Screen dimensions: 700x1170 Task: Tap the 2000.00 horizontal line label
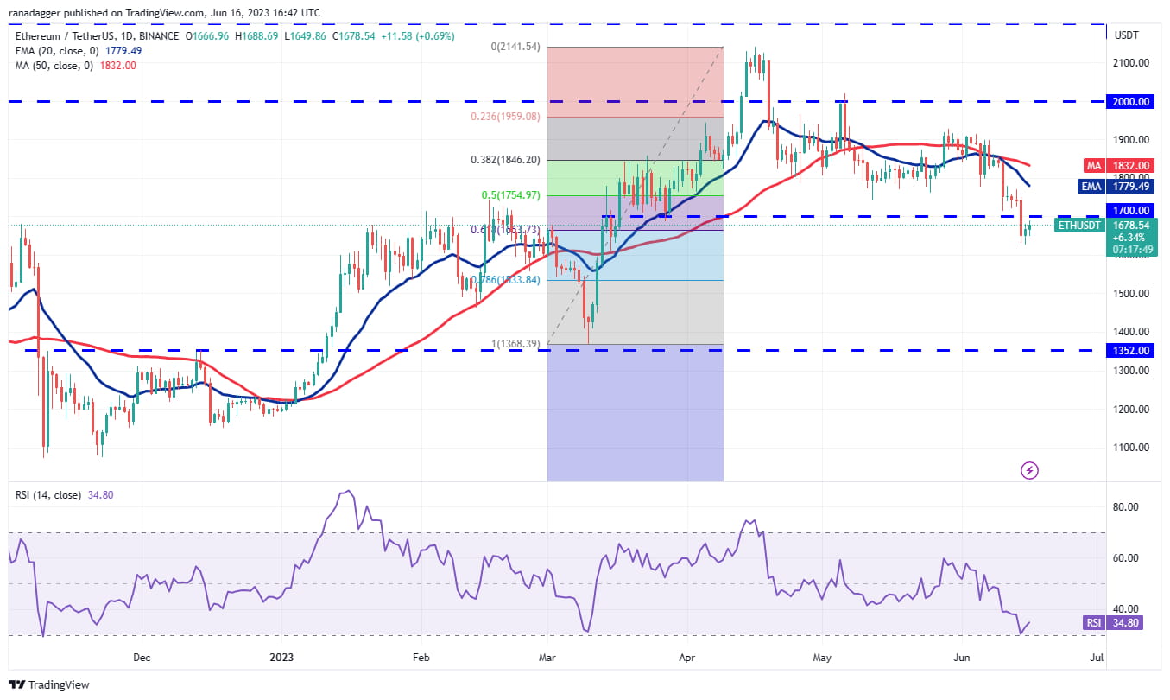(1130, 101)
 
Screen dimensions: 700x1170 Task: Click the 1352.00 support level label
(1130, 350)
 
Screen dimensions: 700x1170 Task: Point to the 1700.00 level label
(1130, 210)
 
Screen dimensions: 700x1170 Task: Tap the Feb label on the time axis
(421, 658)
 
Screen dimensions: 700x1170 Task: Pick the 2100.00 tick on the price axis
(1130, 62)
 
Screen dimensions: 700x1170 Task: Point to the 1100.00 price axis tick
(1130, 448)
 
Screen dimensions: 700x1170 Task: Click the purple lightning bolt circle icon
(1029, 471)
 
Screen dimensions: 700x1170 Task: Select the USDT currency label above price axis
(1128, 35)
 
